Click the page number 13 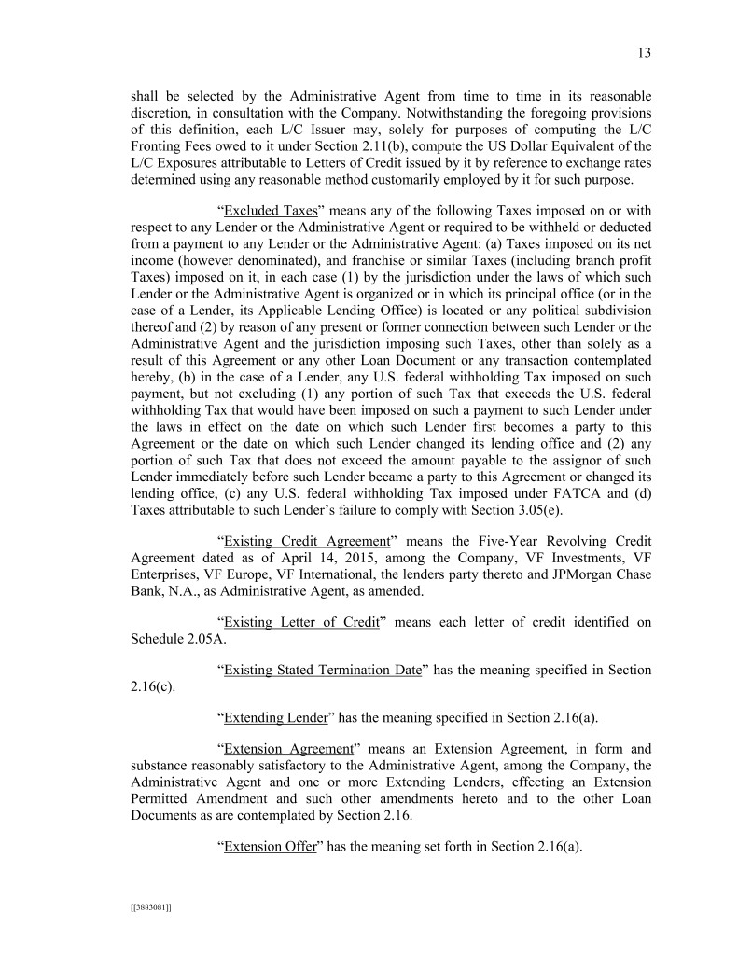point(644,52)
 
